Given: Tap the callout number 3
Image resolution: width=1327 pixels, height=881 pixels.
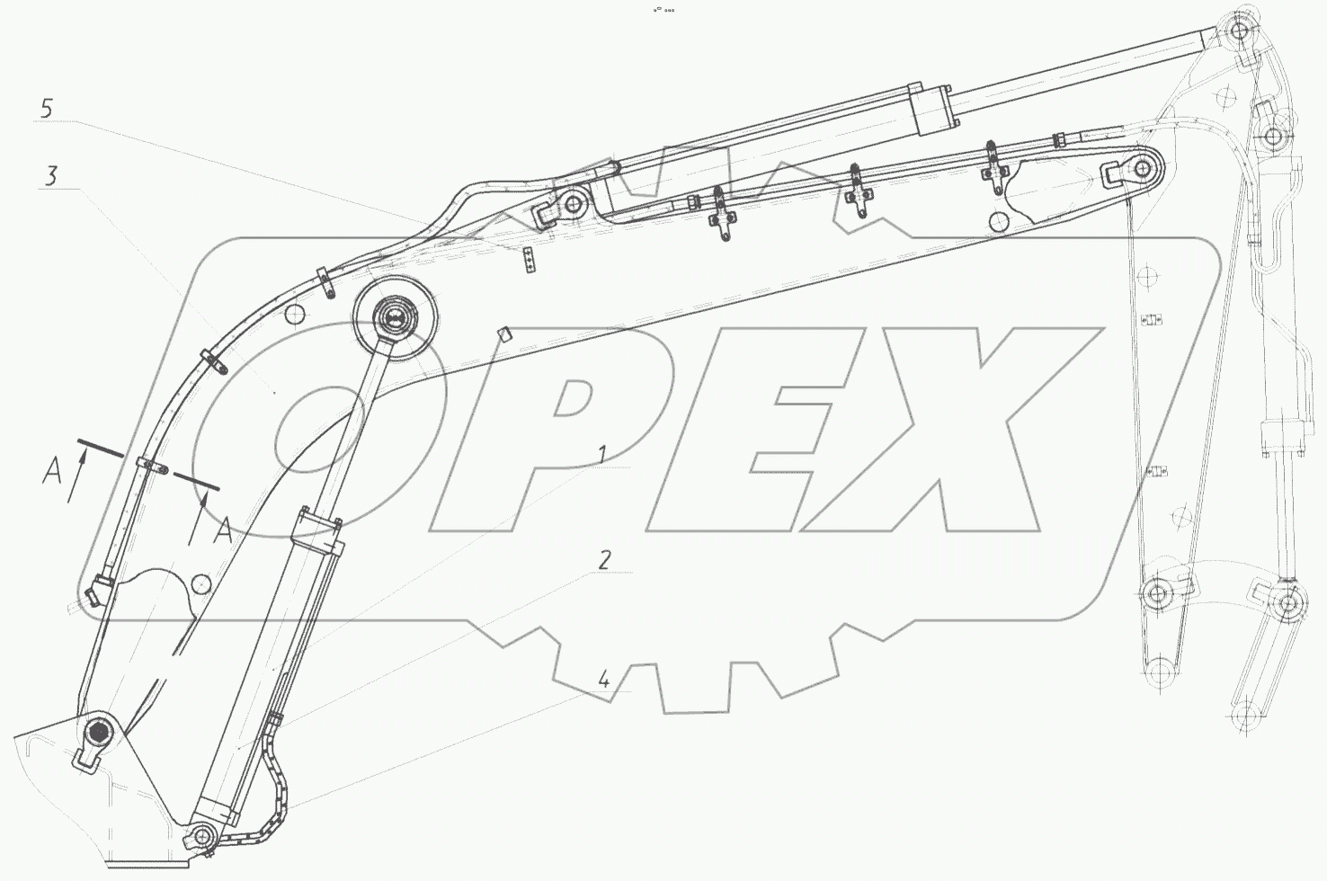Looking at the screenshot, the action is pyautogui.click(x=51, y=176).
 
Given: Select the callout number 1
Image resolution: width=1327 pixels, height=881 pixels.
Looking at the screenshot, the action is pyautogui.click(x=601, y=455).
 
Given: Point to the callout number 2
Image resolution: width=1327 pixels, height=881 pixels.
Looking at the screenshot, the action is pyautogui.click(x=603, y=560).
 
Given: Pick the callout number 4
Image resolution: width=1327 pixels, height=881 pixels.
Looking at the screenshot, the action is pyautogui.click(x=603, y=679).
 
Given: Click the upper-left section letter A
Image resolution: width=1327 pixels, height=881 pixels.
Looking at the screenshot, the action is pyautogui.click(x=52, y=472).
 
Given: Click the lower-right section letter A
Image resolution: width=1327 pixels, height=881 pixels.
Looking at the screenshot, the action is pyautogui.click(x=223, y=530).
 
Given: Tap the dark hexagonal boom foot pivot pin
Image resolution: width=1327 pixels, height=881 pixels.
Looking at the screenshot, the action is pyautogui.click(x=100, y=733).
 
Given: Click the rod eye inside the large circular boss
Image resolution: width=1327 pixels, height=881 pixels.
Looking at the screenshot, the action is pyautogui.click(x=393, y=319).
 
